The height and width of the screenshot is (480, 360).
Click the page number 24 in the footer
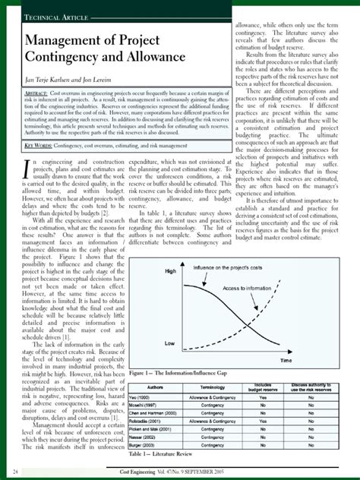(15, 472)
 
